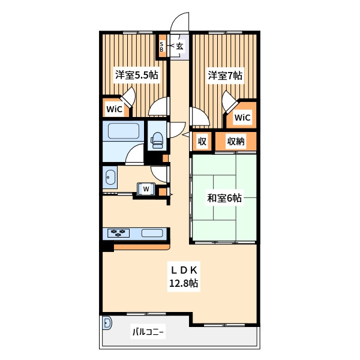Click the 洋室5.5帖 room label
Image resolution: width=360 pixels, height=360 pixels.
point(137,75)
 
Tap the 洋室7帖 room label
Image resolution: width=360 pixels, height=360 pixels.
point(225,76)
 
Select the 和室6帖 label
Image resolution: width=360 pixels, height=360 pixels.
point(224,198)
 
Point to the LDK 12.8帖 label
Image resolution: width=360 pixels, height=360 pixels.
point(184,277)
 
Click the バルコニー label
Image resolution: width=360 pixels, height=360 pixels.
point(148,332)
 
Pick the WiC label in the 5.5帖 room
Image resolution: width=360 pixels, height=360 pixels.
point(115,109)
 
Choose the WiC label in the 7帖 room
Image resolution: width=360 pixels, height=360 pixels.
point(242,118)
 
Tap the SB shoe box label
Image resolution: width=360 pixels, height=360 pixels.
point(161,47)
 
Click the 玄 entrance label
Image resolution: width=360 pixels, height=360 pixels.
point(180,46)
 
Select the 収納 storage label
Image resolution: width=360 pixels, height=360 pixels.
point(236,142)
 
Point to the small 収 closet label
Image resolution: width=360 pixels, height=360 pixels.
point(202,142)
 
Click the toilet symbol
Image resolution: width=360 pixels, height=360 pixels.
point(157,140)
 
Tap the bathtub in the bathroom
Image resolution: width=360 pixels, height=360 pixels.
point(124,131)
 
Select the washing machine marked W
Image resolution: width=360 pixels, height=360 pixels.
point(146,189)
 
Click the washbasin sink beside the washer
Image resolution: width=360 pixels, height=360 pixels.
point(110,177)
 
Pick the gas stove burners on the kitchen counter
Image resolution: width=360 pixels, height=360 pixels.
point(118,233)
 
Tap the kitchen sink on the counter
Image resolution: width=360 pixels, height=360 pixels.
point(152,233)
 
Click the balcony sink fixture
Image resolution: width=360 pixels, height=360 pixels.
point(107,323)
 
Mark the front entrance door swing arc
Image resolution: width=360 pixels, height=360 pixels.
point(177,19)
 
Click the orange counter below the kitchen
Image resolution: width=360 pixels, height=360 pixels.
point(142,247)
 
